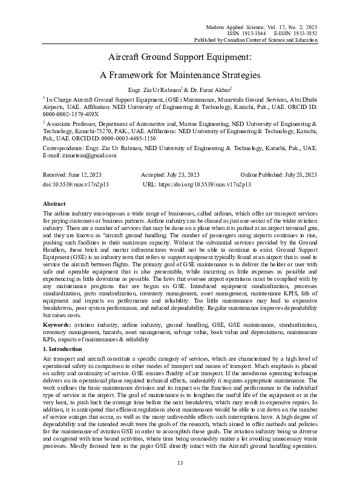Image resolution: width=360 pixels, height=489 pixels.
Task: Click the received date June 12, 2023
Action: [x=85, y=174]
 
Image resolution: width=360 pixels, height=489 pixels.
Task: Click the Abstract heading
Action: [x=54, y=205]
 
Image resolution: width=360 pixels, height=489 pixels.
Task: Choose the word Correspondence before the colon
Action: [x=65, y=148]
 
